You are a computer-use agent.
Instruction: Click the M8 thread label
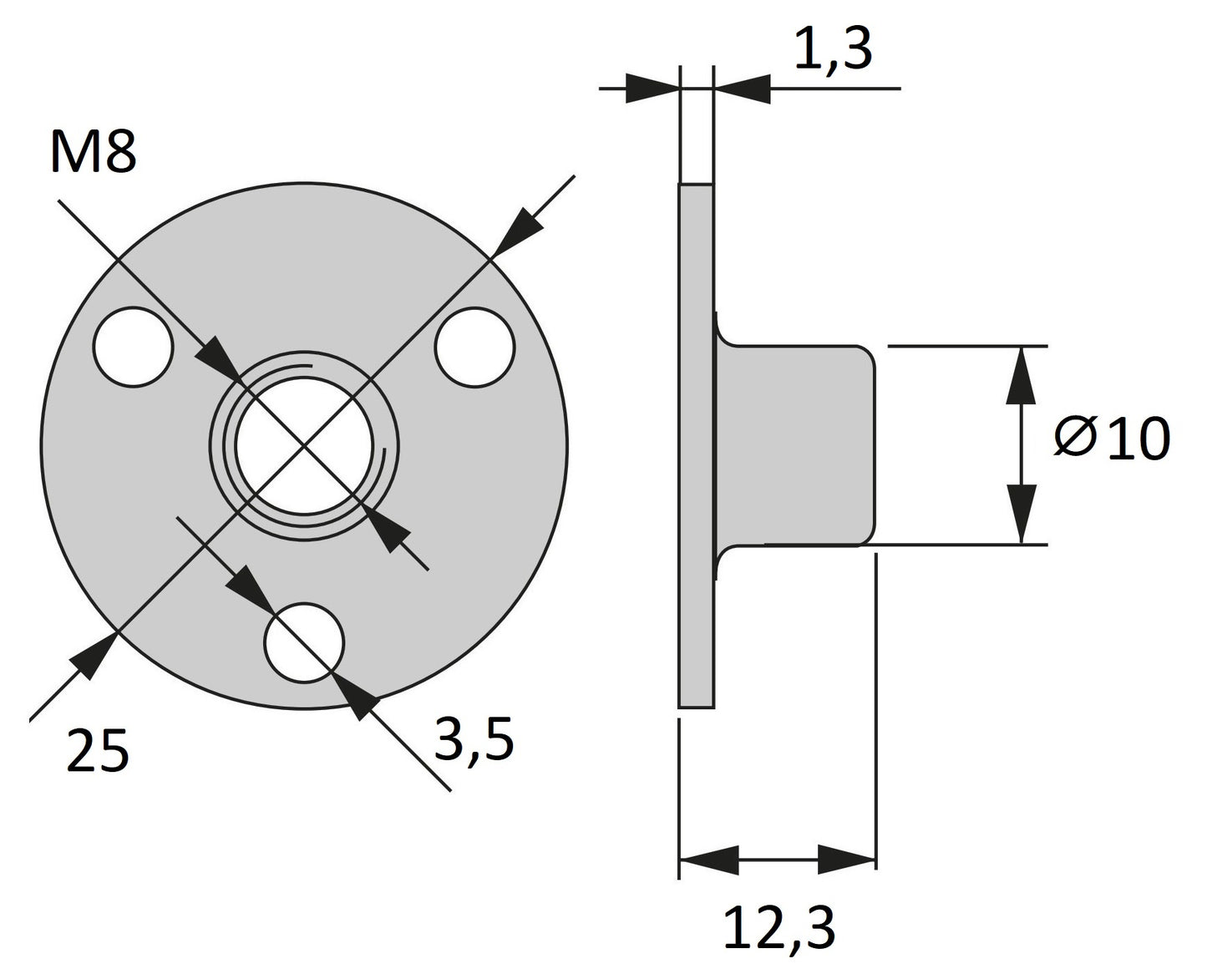[x=93, y=151]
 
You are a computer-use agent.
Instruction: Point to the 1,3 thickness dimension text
[x=834, y=49]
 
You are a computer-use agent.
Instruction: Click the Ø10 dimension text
[x=1112, y=439]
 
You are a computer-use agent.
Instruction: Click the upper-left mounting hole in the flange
[x=133, y=347]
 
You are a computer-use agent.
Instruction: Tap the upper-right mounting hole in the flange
[x=474, y=347]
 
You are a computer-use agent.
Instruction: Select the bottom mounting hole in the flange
[x=304, y=642]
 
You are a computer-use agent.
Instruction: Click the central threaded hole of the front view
[x=304, y=446]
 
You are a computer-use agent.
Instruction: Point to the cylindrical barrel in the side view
[x=795, y=445]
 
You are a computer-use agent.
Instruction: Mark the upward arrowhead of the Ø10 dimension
[x=1021, y=375]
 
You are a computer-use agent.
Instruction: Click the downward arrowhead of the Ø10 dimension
[x=1021, y=515]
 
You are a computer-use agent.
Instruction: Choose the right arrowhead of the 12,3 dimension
[x=847, y=859]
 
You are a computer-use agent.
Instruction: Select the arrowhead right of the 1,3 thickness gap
[x=742, y=88]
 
